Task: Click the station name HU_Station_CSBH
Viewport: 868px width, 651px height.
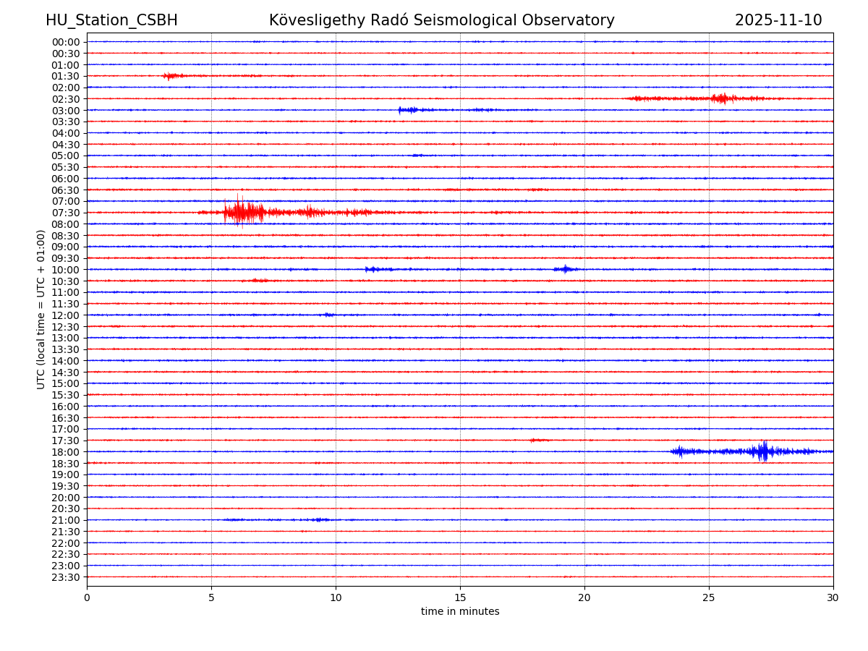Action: [111, 21]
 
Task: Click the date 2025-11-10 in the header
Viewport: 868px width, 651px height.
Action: [778, 21]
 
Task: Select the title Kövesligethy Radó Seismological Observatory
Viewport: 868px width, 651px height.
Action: [441, 21]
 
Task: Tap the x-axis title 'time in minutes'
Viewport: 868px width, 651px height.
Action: [460, 612]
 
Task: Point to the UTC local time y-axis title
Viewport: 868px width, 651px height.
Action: [41, 309]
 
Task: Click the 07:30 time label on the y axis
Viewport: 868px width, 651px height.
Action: [65, 213]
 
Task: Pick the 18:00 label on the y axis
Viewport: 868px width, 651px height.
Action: [65, 452]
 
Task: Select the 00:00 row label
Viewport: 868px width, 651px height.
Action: [65, 42]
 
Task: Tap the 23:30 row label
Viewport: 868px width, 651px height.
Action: [65, 577]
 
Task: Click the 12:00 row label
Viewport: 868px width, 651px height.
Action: [65, 315]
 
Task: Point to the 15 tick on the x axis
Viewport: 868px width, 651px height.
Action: [460, 597]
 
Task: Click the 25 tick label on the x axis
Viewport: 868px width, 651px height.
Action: [709, 597]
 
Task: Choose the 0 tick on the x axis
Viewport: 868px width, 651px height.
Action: [87, 597]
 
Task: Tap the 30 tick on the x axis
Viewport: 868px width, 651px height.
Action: [833, 597]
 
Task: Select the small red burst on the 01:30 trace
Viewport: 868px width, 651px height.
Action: [171, 76]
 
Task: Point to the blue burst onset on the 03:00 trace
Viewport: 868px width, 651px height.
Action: [401, 110]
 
